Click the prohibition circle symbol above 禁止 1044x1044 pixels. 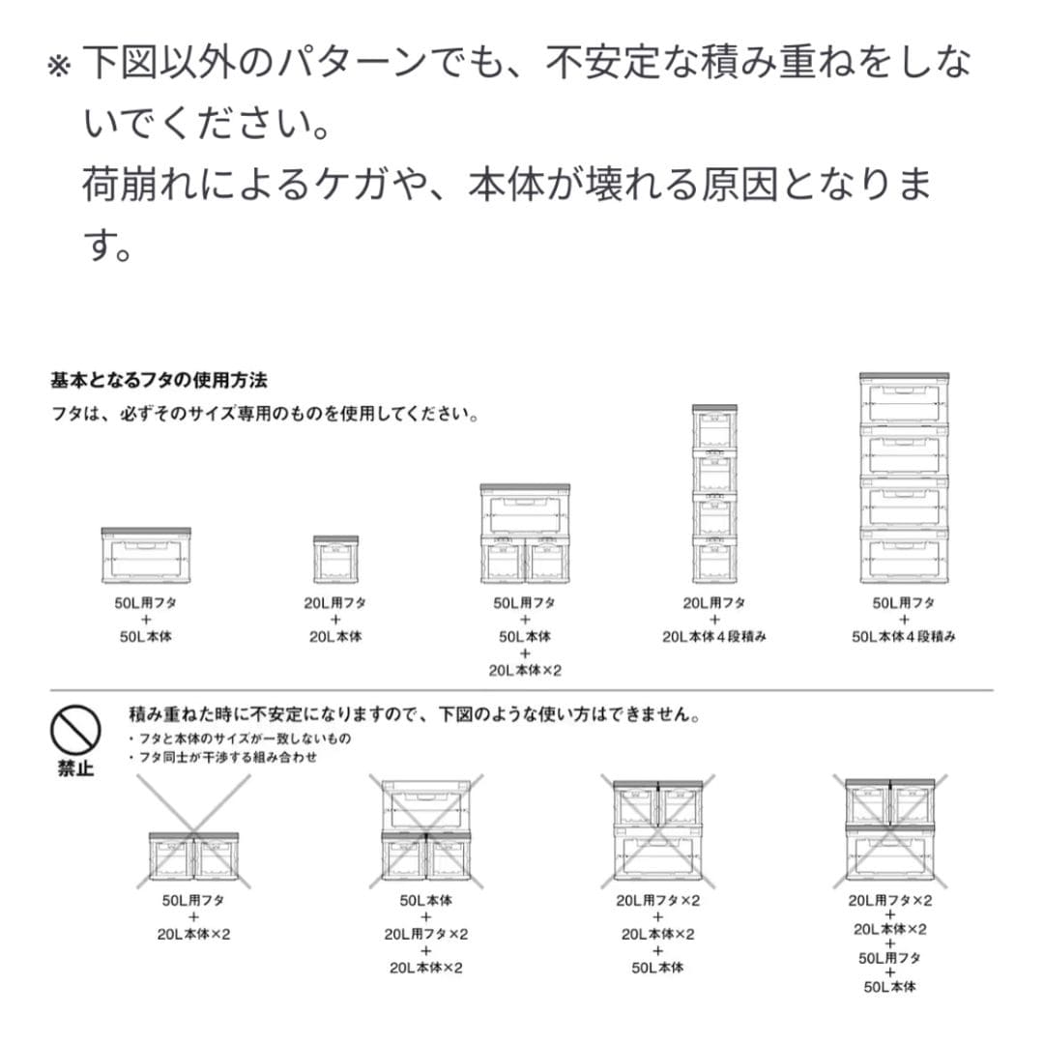click(76, 732)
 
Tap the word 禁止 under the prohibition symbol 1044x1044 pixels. click(76, 770)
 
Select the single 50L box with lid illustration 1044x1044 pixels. click(146, 557)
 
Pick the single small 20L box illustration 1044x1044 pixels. click(335, 559)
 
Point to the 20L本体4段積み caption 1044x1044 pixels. click(714, 637)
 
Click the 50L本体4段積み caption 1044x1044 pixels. click(904, 637)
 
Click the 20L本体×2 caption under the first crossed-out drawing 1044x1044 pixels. click(193, 935)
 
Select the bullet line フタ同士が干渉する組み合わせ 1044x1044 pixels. click(226, 758)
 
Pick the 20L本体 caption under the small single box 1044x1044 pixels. click(335, 637)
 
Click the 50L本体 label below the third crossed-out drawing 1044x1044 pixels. click(657, 968)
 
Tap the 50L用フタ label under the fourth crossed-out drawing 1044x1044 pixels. click(890, 958)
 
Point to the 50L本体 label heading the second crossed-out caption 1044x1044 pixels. click(425, 900)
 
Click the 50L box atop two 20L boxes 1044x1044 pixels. click(525, 509)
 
